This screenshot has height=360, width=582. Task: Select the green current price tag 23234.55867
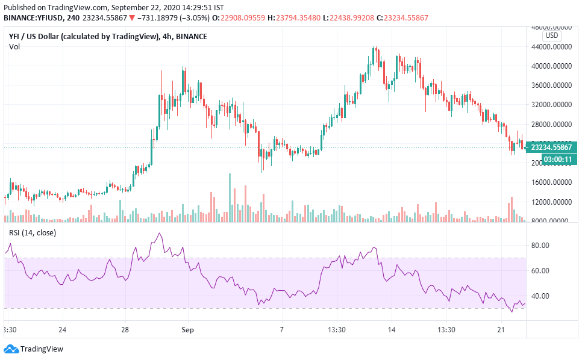tap(553, 146)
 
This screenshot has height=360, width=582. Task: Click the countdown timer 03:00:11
tap(558, 159)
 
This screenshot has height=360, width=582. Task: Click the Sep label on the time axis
tap(188, 330)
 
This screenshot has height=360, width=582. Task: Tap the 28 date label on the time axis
tap(125, 330)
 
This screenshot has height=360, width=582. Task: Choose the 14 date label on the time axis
tap(391, 330)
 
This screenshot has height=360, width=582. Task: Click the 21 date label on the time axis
tap(500, 330)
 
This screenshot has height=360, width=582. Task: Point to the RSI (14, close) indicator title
tap(32, 233)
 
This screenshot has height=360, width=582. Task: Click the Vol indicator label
tap(14, 47)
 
